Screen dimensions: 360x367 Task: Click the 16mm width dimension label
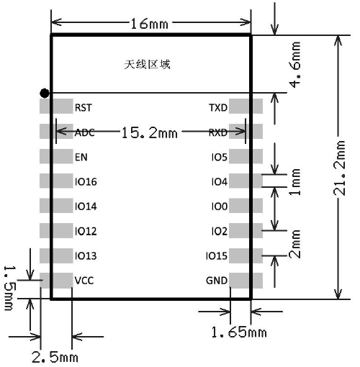click(x=149, y=24)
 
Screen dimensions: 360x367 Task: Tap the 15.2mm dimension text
click(x=150, y=132)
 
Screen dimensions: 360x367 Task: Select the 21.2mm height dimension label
click(x=340, y=168)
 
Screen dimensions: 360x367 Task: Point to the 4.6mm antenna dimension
click(x=294, y=65)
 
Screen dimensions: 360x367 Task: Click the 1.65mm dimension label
click(x=239, y=332)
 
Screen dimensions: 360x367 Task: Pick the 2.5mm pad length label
click(x=55, y=358)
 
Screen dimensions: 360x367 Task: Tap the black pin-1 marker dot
click(x=45, y=93)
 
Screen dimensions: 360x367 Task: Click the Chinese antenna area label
click(x=148, y=65)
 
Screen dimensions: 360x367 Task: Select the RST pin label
click(x=84, y=108)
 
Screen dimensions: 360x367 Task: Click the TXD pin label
click(x=218, y=108)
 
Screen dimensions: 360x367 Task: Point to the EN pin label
click(x=81, y=157)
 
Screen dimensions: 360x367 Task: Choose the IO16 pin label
click(x=86, y=182)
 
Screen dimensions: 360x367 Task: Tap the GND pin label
click(x=217, y=281)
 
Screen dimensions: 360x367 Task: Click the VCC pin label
click(x=84, y=281)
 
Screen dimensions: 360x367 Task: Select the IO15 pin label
click(x=217, y=256)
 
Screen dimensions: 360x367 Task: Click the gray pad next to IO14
click(x=56, y=206)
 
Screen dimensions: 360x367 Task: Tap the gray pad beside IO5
click(x=246, y=156)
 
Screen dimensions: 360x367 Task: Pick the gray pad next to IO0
click(x=246, y=206)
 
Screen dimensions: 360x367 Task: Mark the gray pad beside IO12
click(x=56, y=230)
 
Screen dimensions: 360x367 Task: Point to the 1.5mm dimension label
click(x=11, y=288)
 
